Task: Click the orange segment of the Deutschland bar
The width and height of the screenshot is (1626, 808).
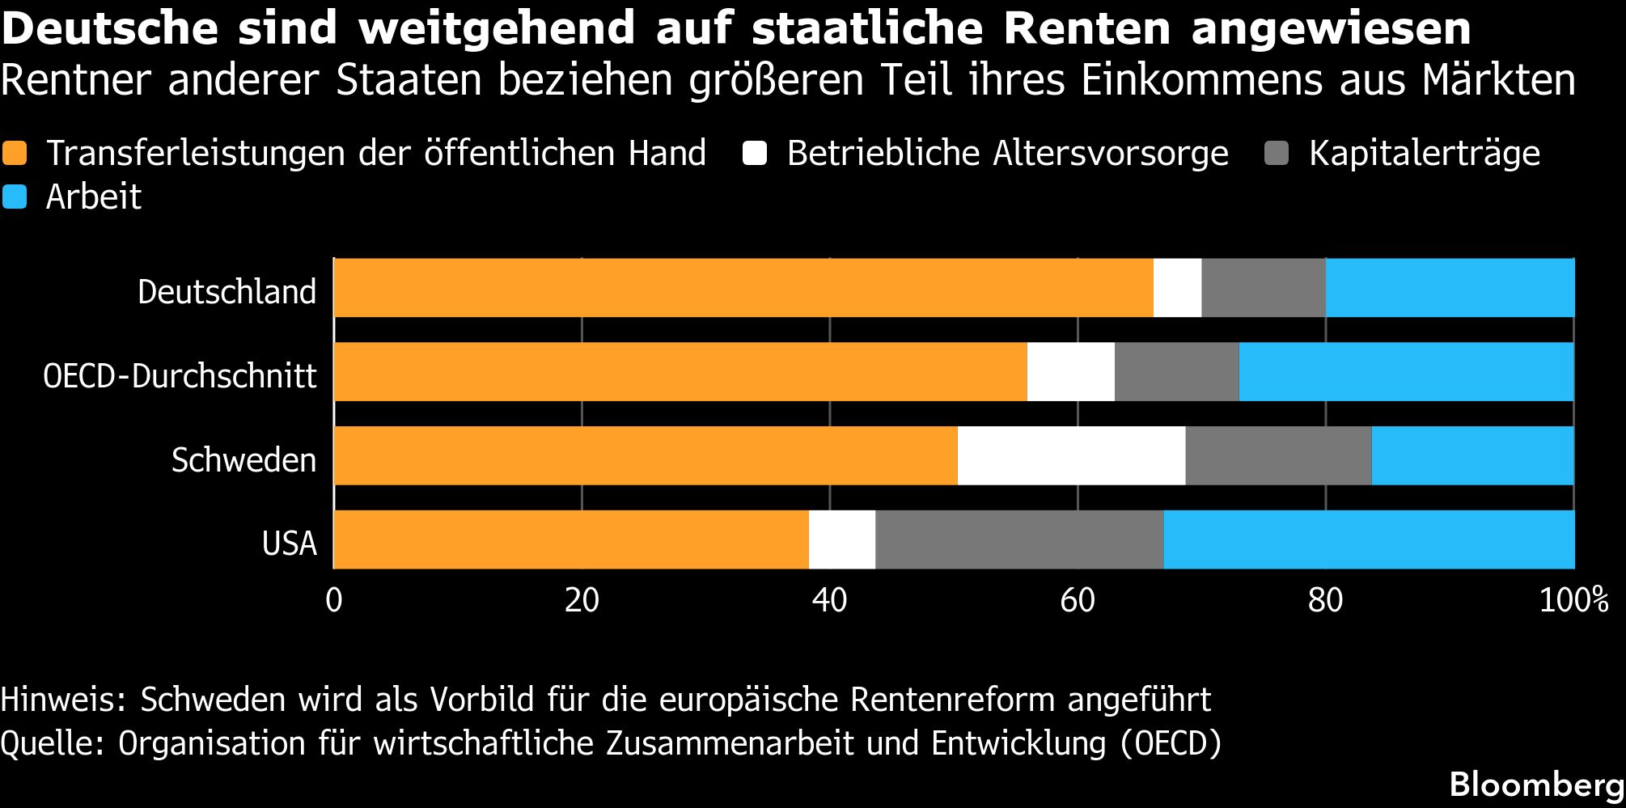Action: (743, 288)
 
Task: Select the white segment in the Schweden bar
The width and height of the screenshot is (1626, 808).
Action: (1071, 456)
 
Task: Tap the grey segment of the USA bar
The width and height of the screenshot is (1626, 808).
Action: (1019, 539)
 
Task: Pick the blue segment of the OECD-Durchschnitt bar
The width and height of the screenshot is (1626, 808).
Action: (1407, 372)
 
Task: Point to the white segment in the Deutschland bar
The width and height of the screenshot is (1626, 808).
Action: (1178, 288)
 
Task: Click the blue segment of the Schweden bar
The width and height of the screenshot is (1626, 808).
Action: (1473, 456)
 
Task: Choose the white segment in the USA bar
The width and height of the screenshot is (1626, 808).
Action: (842, 539)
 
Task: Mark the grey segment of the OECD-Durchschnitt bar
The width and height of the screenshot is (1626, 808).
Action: (1177, 372)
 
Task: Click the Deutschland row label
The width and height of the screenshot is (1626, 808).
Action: (227, 292)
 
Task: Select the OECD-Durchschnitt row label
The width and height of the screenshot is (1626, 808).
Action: (180, 376)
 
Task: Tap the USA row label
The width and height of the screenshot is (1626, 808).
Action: (289, 544)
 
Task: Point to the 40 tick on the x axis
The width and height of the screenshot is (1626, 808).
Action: (829, 601)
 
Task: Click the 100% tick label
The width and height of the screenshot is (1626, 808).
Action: (1573, 601)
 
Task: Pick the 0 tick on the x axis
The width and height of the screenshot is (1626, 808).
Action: (334, 601)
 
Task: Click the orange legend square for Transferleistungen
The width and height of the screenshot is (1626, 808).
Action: (15, 154)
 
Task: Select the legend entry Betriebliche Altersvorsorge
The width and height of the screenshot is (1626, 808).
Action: (1007, 154)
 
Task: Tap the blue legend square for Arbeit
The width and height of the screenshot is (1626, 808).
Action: (15, 197)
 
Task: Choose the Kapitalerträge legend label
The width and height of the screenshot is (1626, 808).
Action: (1425, 154)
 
